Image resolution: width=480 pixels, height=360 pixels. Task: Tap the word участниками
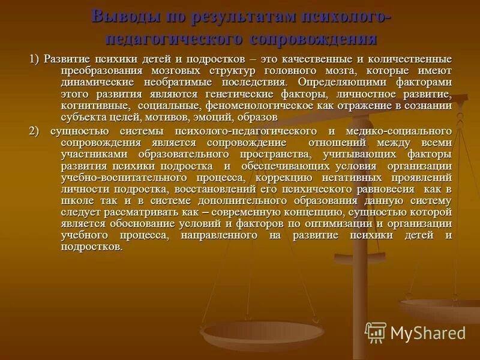pyautogui.click(x=88, y=154)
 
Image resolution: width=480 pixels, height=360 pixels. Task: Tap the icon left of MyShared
pyautogui.click(x=376, y=332)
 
